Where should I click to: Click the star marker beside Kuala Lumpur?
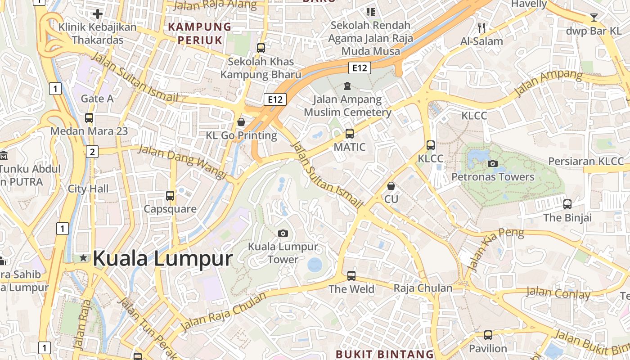point(83,258)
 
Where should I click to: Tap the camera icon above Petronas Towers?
point(493,163)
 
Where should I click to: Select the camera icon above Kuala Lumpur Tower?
point(283,233)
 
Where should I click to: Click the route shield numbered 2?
point(92,152)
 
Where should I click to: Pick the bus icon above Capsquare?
point(170,196)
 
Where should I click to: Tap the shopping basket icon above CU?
point(391,186)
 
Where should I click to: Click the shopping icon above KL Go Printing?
point(241,122)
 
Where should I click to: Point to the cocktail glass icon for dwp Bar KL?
point(594,18)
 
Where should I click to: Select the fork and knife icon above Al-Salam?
point(481,28)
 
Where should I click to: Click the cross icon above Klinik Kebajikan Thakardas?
point(97,14)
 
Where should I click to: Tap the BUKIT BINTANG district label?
point(385,354)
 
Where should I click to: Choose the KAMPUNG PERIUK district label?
point(200,33)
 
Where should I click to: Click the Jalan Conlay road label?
point(558,293)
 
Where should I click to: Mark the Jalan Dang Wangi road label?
point(182,161)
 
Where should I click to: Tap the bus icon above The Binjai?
point(567,204)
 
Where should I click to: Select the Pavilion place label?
point(488,348)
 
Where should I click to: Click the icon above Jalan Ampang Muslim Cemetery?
point(347,85)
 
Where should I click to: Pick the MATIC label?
point(350,147)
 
